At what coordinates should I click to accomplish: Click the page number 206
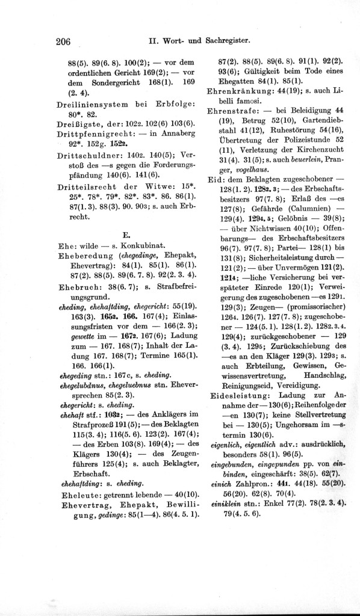63,42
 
